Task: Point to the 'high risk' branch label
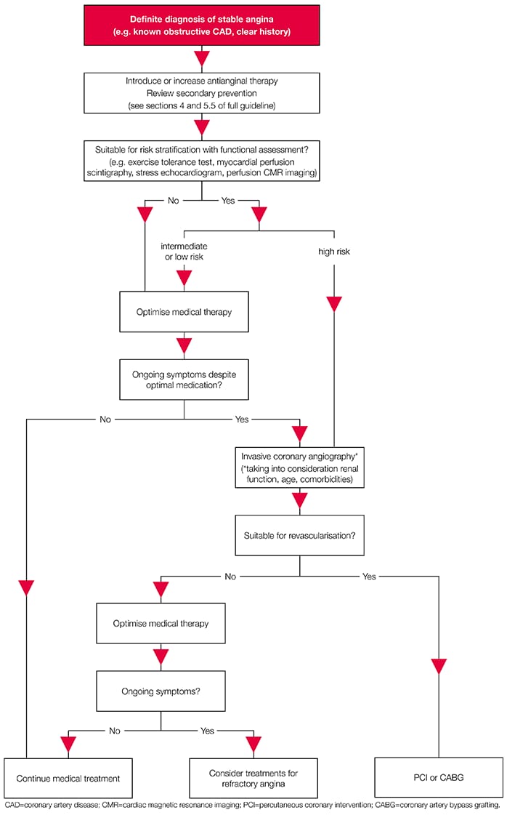(x=333, y=251)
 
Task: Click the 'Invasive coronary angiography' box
(x=299, y=465)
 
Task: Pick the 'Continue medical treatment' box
(x=68, y=777)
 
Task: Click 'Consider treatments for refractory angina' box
(x=253, y=777)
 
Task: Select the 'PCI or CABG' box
(x=439, y=777)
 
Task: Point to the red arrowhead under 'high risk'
(x=333, y=303)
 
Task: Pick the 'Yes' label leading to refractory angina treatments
(x=207, y=730)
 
